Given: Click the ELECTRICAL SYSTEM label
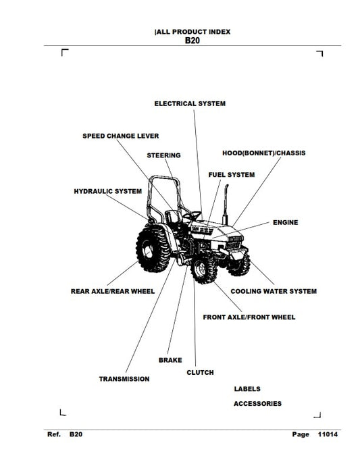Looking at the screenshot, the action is click(190, 103).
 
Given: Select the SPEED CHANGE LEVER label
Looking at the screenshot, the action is click(121, 136).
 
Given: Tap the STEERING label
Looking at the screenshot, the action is click(163, 155).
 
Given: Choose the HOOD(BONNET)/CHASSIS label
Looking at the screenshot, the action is click(263, 153).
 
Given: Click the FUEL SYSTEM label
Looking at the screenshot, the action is click(232, 175).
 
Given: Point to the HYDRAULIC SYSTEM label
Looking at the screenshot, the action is click(107, 191).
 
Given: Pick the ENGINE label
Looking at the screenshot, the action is click(286, 222).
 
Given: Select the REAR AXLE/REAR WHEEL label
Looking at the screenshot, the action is click(113, 291).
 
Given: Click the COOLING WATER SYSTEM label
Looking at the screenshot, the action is click(274, 291).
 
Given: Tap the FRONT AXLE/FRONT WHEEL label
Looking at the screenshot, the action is click(249, 317).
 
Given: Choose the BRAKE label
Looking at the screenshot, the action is click(170, 360).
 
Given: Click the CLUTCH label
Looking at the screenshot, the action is click(200, 372).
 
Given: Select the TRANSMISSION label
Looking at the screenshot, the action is click(124, 379).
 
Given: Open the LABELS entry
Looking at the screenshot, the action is click(247, 389).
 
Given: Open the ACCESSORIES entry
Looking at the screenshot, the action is click(257, 404).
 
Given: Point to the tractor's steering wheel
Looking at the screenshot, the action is click(192, 215).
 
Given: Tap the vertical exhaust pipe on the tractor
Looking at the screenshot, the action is click(226, 205).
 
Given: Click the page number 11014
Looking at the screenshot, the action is click(328, 434).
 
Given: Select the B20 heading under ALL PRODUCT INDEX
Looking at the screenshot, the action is click(192, 41).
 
